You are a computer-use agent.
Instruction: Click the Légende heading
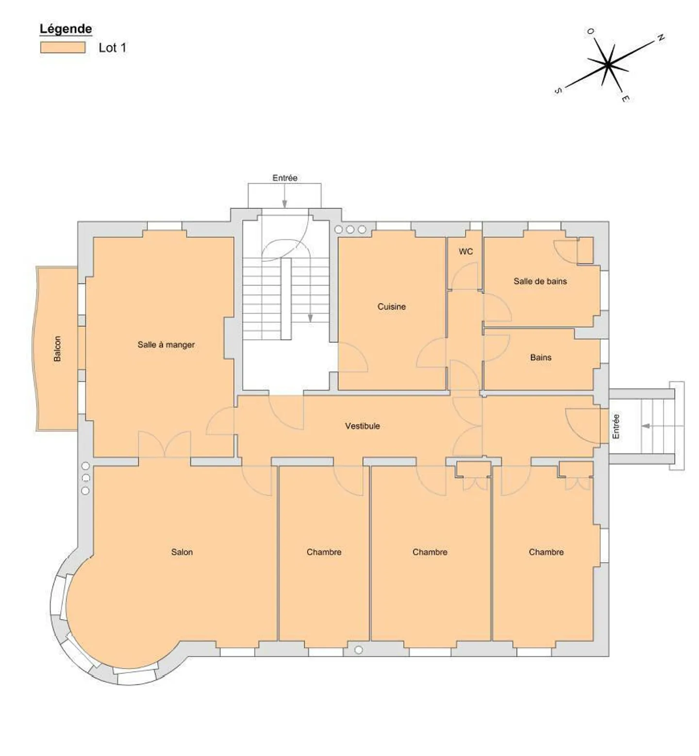66,29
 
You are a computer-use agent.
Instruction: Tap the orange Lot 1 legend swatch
63,47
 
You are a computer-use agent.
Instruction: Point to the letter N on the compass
660,38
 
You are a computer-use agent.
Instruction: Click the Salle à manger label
166,345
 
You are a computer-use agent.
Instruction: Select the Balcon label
57,349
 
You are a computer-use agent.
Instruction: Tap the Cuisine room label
392,306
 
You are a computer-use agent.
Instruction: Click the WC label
466,252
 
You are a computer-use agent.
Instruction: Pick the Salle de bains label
540,281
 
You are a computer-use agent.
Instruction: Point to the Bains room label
541,357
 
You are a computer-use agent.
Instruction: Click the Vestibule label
363,426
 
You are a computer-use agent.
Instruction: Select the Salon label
182,552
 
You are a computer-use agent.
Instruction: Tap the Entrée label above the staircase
285,178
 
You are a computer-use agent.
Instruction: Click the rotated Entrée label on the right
616,426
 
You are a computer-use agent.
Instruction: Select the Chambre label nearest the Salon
324,552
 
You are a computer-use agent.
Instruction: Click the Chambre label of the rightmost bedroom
546,552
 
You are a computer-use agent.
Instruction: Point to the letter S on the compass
558,91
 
